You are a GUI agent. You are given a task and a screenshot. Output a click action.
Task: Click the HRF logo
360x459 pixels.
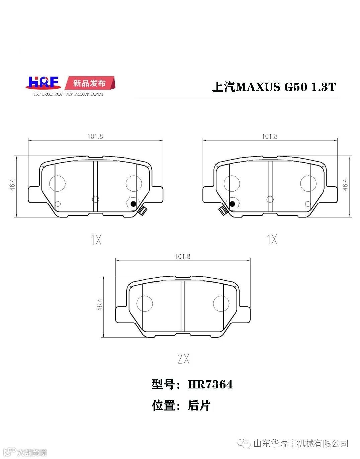pyautogui.click(x=43, y=83)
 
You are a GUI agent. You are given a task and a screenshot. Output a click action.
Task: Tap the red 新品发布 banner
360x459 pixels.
pyautogui.click(x=90, y=83)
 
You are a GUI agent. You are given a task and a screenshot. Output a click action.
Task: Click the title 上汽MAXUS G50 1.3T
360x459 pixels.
pyautogui.click(x=274, y=87)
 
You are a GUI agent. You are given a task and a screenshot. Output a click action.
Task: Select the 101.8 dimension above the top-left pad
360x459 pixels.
pyautogui.click(x=95, y=136)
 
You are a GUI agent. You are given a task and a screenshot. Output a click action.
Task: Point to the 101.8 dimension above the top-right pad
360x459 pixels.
pyautogui.click(x=270, y=136)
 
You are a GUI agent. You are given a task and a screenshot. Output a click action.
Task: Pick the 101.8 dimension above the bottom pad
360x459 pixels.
pyautogui.click(x=182, y=257)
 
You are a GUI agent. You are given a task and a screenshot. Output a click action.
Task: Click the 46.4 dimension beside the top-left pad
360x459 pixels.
pyautogui.click(x=12, y=185)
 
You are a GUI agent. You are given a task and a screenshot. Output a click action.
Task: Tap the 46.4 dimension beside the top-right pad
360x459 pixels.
pyautogui.click(x=345, y=185)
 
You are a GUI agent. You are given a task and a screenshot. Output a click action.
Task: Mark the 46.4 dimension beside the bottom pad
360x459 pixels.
pyautogui.click(x=100, y=304)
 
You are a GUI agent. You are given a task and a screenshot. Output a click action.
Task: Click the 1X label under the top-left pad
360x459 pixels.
pyautogui.click(x=96, y=240)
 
